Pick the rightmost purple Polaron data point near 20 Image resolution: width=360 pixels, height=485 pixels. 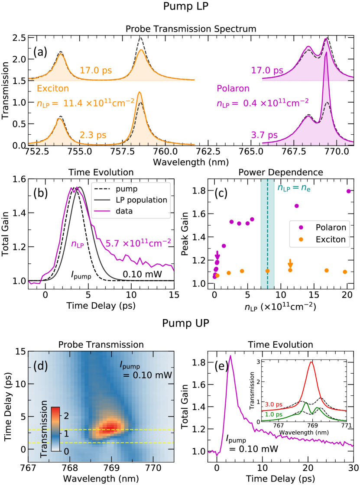(348, 191)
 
